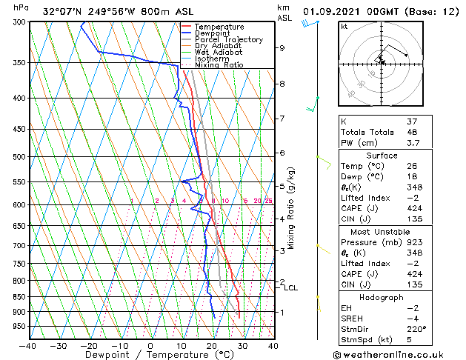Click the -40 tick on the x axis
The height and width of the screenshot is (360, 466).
28,346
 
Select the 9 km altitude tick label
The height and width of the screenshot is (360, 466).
282,48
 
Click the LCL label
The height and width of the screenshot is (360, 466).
291,288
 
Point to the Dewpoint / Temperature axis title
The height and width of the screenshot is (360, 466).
150,356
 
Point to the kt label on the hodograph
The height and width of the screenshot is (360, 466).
344,27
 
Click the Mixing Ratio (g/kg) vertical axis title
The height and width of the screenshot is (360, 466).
291,208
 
